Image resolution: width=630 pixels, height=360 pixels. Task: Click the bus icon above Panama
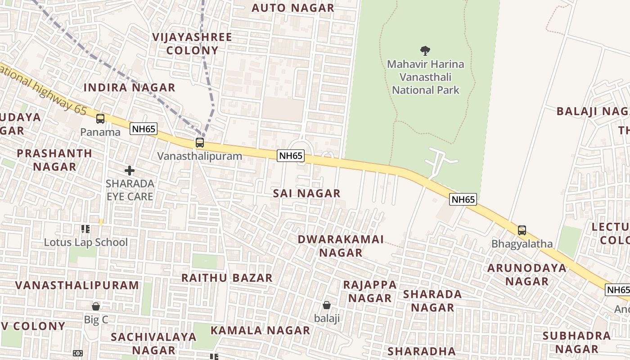coord(100,119)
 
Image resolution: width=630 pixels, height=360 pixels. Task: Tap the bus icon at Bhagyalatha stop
coord(522,230)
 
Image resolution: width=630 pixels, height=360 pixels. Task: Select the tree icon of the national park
coord(425,51)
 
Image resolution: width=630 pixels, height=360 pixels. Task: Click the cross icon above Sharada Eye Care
coord(130,171)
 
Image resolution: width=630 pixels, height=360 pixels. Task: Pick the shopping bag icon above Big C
coord(96,306)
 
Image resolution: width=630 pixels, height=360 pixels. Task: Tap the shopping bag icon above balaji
coord(327,305)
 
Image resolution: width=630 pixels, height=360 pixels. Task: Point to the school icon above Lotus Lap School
coord(85,229)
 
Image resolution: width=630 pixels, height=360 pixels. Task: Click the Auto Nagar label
coord(293,8)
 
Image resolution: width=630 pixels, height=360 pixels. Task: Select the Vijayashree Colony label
coord(192,44)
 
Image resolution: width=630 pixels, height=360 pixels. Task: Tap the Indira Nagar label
coord(129,87)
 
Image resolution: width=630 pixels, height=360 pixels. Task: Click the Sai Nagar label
coord(307,193)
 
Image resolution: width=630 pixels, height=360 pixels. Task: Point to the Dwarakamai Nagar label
coord(341,246)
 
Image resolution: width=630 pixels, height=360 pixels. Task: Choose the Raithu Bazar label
coord(227,278)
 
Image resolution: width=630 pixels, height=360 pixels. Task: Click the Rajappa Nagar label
coord(370,291)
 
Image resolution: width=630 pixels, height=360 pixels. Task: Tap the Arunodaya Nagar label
coord(527,274)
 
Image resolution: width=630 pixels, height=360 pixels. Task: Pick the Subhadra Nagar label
coord(576,342)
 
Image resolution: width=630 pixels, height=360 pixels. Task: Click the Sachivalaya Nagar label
coord(153,343)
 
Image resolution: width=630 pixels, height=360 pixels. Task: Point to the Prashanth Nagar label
coord(54,160)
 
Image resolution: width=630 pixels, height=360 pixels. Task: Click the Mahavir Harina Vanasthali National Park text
coord(425,77)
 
